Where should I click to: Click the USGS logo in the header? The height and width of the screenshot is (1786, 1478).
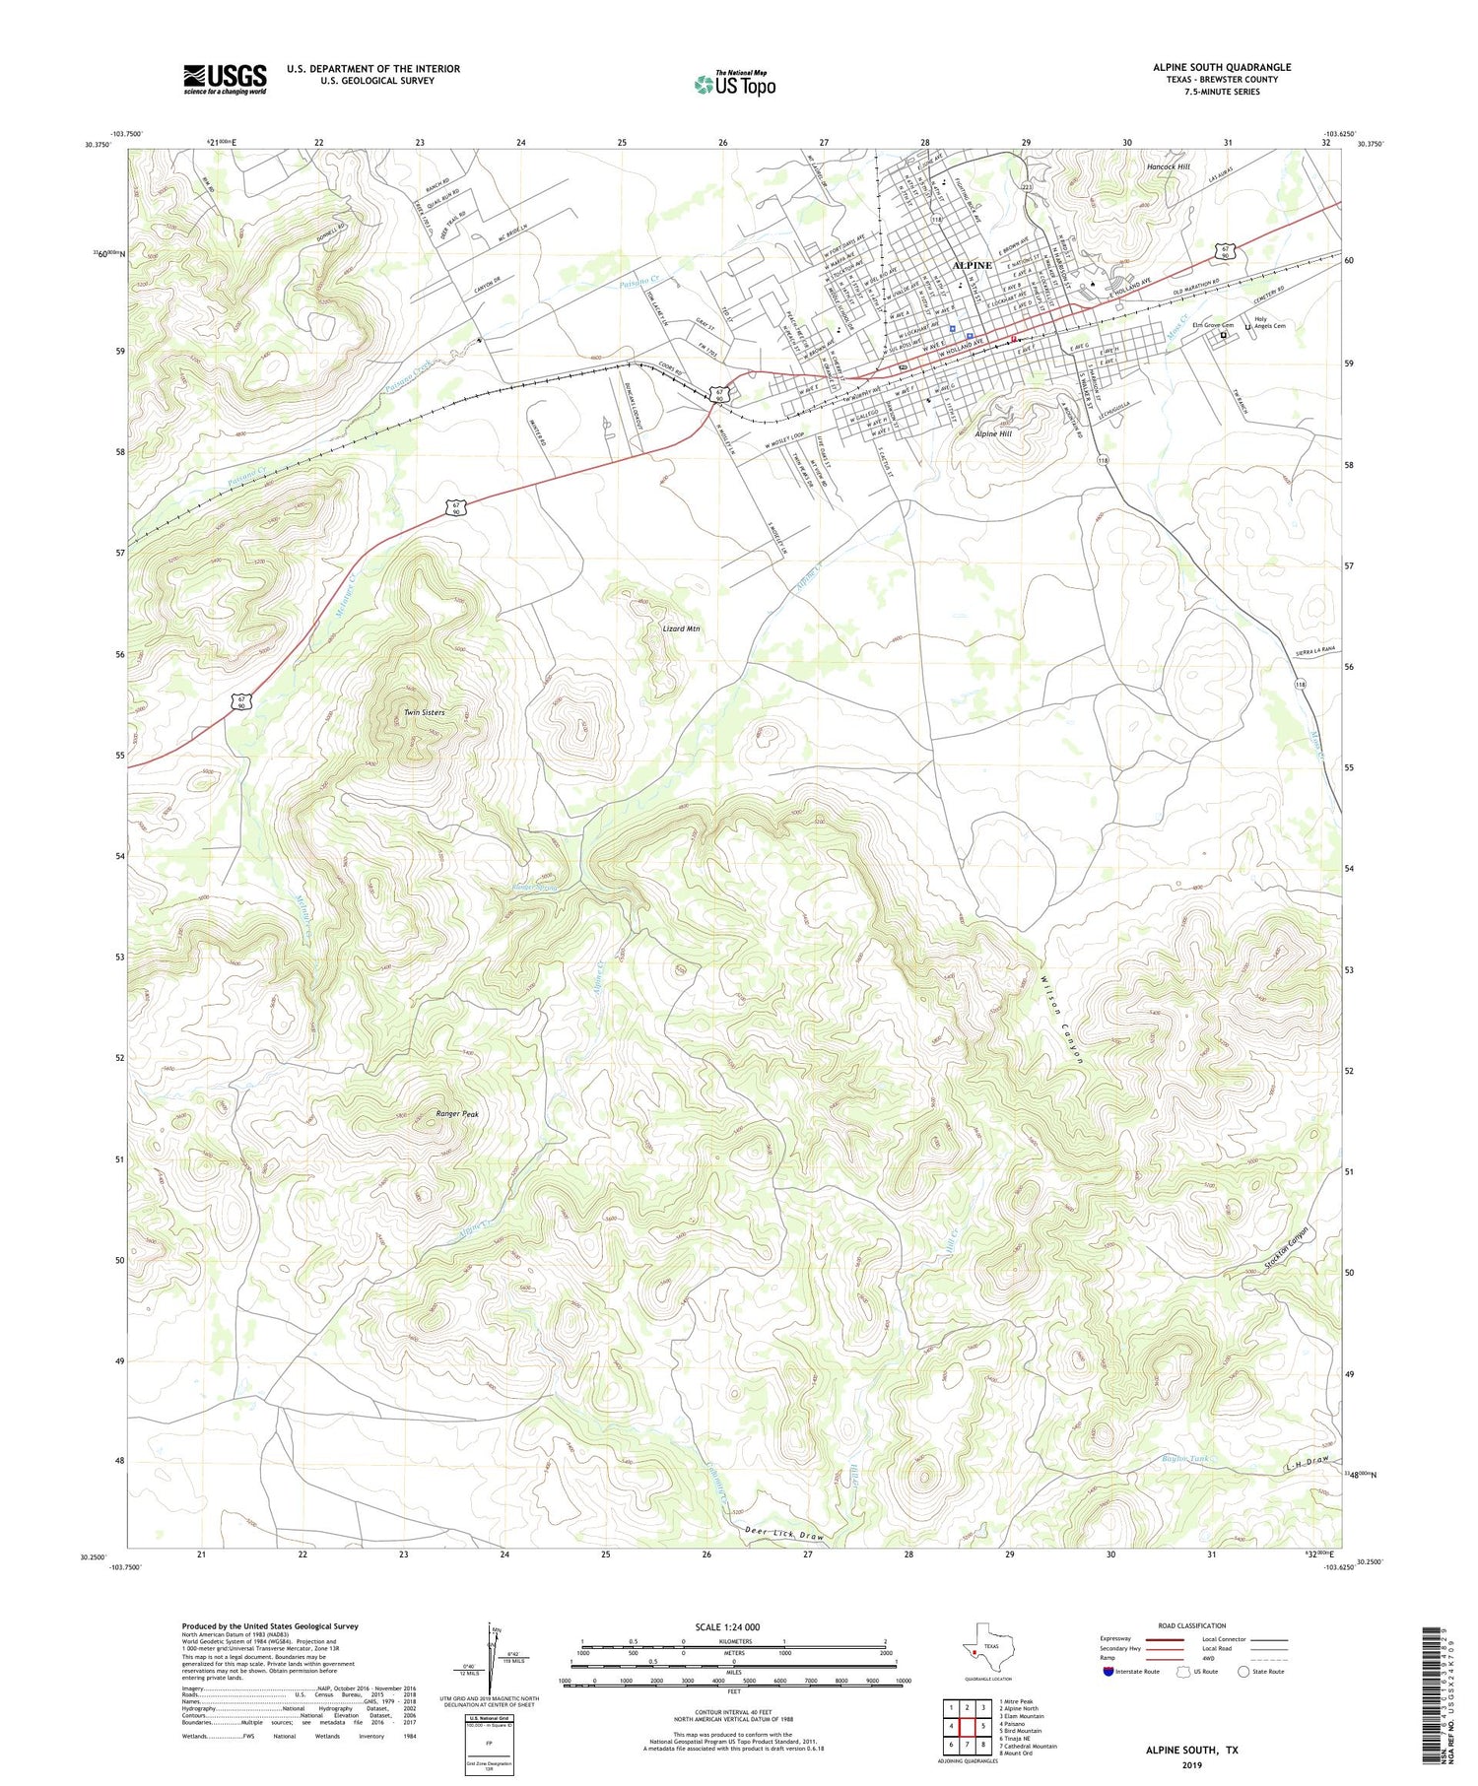pyautogui.click(x=225, y=79)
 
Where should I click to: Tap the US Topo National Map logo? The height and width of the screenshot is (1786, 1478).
pyautogui.click(x=734, y=84)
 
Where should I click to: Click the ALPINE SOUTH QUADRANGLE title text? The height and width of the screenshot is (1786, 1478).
pyautogui.click(x=1222, y=67)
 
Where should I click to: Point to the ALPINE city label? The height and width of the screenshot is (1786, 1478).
pyautogui.click(x=972, y=265)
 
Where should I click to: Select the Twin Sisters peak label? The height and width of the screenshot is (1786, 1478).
pyautogui.click(x=424, y=711)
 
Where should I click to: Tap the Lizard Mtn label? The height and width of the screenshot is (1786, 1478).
pyautogui.click(x=681, y=628)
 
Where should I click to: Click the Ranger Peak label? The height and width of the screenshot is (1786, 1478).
pyautogui.click(x=457, y=1114)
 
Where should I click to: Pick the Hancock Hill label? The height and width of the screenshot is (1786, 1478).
pyautogui.click(x=1168, y=167)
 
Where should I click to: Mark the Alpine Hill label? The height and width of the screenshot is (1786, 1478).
pyautogui.click(x=993, y=433)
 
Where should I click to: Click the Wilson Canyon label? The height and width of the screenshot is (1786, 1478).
pyautogui.click(x=1061, y=1019)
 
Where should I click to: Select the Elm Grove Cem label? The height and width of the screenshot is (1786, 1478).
pyautogui.click(x=1213, y=326)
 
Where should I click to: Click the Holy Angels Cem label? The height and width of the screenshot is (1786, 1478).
pyautogui.click(x=1269, y=322)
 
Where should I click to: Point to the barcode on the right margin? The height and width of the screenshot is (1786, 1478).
pyautogui.click(x=1438, y=1675)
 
